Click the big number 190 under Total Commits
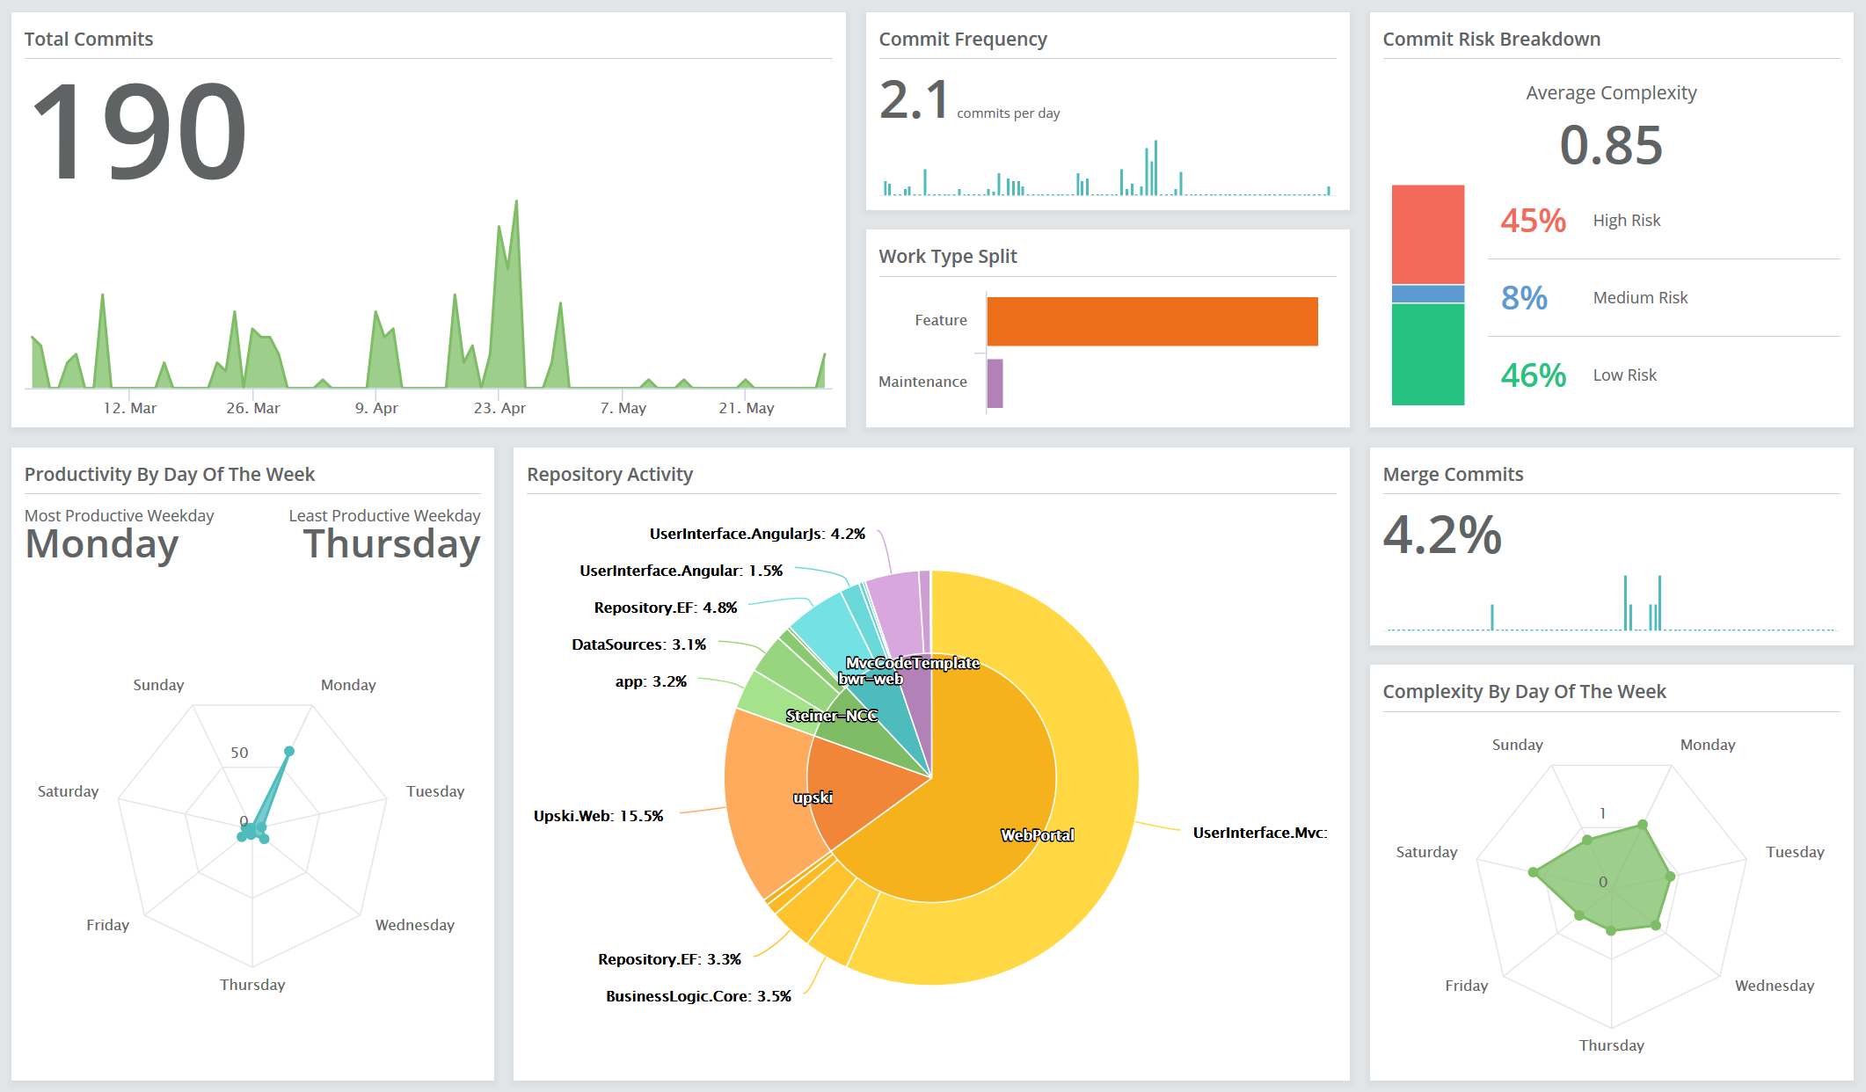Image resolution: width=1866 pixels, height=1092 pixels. point(139,132)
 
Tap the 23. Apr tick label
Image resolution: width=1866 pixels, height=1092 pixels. point(499,408)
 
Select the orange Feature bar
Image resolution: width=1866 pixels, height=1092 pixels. point(1152,321)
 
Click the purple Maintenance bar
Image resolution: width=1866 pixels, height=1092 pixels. point(995,383)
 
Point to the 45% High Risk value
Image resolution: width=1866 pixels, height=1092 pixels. point(1533,221)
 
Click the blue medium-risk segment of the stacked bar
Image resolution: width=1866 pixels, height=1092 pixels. point(1427,294)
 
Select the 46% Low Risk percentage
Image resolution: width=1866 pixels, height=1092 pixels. point(1533,375)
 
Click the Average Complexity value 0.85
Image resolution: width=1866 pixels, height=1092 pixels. point(1610,145)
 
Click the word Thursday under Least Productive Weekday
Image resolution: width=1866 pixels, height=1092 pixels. point(391,544)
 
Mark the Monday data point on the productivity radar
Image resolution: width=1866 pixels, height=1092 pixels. point(289,751)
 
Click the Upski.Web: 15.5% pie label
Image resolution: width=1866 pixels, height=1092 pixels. point(598,816)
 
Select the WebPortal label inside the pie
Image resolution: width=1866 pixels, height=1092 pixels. point(1037,835)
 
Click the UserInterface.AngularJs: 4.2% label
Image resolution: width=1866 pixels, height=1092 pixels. point(757,534)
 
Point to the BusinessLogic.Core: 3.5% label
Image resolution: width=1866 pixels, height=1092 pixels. point(698,996)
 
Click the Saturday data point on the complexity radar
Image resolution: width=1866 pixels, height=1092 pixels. point(1534,872)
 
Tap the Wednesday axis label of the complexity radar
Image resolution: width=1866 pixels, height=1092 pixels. point(1774,986)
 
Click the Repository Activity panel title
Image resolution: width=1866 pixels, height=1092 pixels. point(609,475)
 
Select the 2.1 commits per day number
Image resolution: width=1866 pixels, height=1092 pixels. point(914,100)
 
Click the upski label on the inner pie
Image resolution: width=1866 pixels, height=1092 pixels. point(813,797)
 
